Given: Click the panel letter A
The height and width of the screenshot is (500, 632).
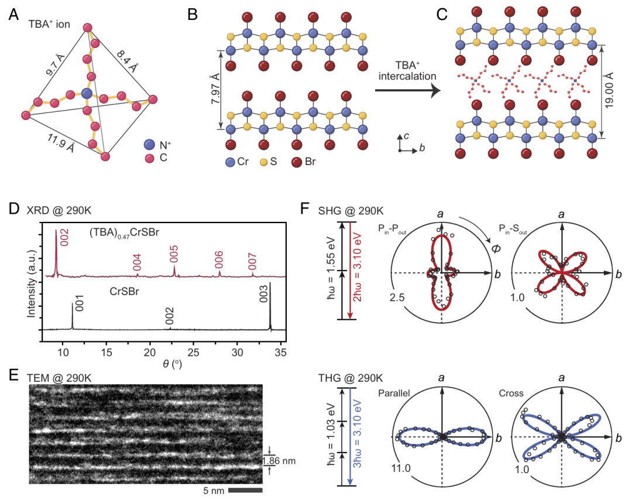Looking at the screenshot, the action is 13,15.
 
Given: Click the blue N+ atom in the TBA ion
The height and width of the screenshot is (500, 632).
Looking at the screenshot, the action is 87,94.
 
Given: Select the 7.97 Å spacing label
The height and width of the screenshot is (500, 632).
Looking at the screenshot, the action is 216,89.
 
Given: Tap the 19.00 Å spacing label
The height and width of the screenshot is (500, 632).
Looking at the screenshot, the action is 609,90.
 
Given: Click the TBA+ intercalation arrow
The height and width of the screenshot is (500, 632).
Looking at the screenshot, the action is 408,90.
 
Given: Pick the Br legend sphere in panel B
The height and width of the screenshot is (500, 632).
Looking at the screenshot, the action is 297,162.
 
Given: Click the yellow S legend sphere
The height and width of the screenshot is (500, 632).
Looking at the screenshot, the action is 264,162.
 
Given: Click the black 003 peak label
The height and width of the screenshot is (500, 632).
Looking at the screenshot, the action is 263,293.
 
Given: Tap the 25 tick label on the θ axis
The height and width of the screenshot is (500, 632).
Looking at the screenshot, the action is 194,352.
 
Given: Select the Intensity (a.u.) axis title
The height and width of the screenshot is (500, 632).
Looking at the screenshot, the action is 32,285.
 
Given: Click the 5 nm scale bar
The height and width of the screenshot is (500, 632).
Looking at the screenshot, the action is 245,490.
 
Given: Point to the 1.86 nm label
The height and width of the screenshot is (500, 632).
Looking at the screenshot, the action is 279,461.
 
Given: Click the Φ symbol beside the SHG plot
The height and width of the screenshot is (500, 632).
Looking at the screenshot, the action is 496,248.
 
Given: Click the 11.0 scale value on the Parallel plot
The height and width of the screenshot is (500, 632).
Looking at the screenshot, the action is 401,468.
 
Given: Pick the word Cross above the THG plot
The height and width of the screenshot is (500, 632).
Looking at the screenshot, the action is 511,393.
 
